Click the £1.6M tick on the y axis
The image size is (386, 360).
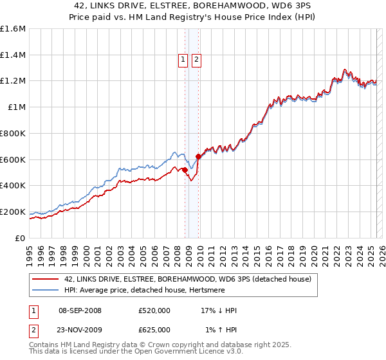tap(13, 29)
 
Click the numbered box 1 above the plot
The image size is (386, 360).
tap(183, 60)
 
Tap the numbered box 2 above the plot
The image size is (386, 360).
tap(196, 60)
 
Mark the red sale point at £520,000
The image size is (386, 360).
tap(185, 170)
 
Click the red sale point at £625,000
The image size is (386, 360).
tap(198, 156)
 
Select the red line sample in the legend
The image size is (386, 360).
tap(45, 279)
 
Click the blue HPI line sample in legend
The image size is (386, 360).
tap(45, 291)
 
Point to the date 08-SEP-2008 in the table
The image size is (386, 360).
tap(80, 310)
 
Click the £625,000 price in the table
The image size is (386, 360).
tap(154, 329)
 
